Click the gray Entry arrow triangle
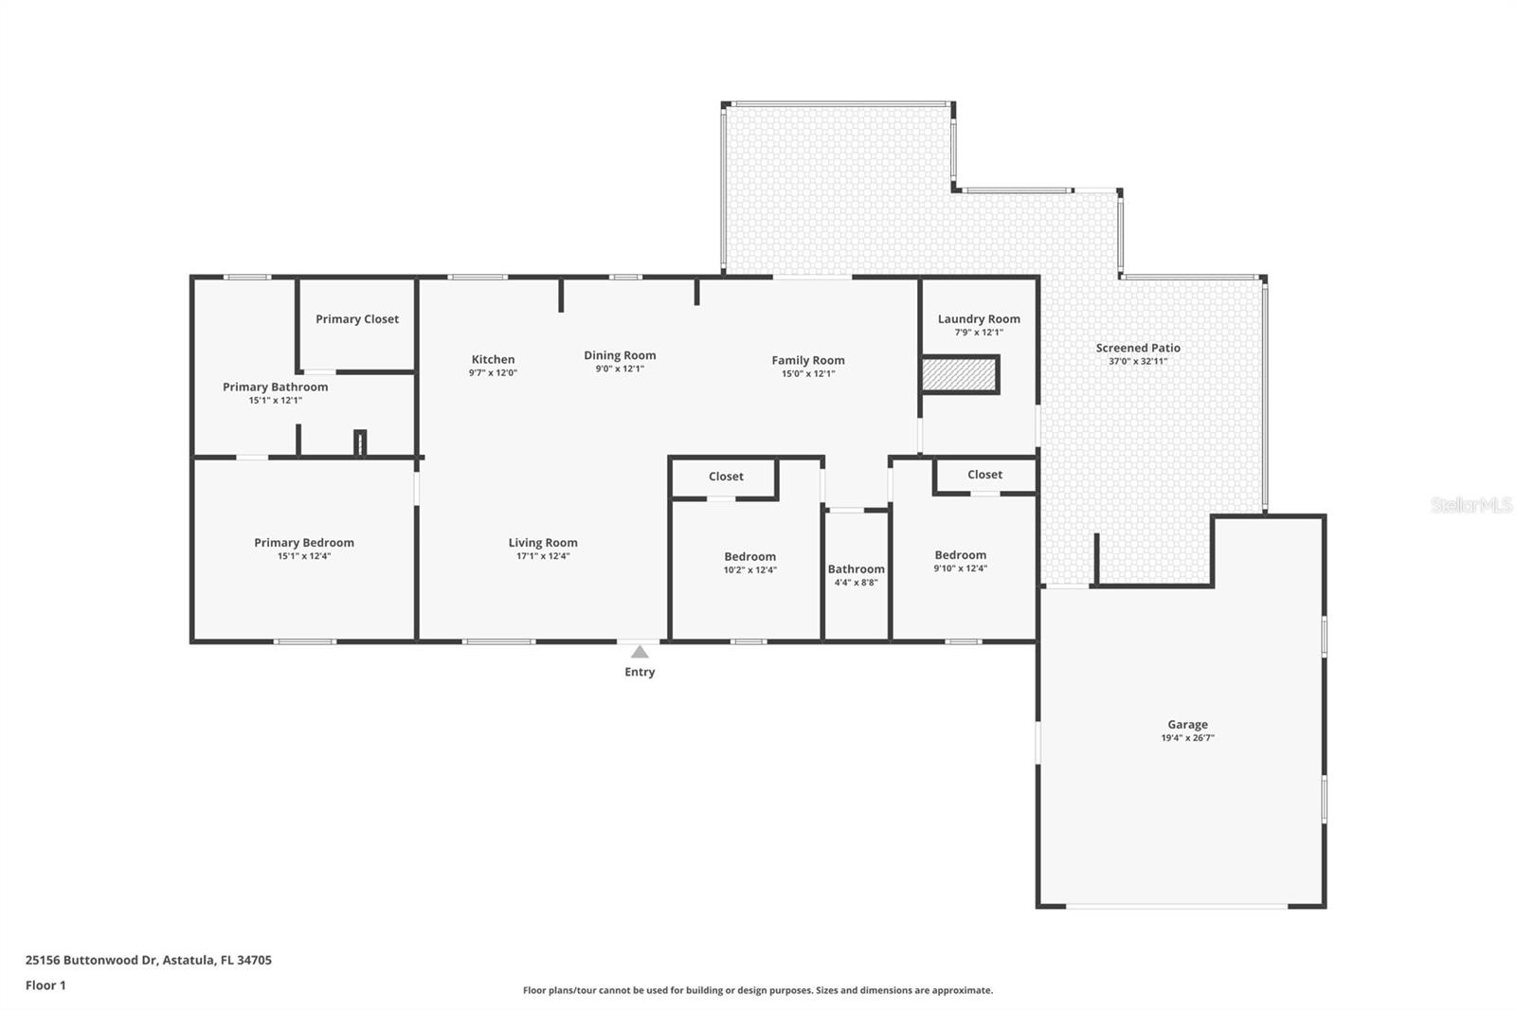pos(640,652)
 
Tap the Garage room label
pos(1188,724)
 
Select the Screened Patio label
pos(1138,348)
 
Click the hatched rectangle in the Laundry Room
pos(960,374)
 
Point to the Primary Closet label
pos(357,319)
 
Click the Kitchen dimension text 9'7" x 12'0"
pos(494,373)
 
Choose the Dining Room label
pos(620,355)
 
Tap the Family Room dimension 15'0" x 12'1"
pos(808,373)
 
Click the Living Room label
pos(543,543)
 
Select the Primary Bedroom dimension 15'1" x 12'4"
pos(304,556)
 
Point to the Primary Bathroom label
pos(276,388)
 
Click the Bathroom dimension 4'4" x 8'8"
pos(857,583)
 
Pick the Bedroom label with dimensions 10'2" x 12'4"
pos(749,556)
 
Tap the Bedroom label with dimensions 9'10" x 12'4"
pos(961,555)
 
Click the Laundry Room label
pos(979,319)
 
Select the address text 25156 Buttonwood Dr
pos(91,960)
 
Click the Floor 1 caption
pos(45,985)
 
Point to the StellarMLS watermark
pos(1471,504)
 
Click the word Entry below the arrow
pos(640,672)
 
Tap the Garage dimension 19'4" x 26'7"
pos(1188,738)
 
